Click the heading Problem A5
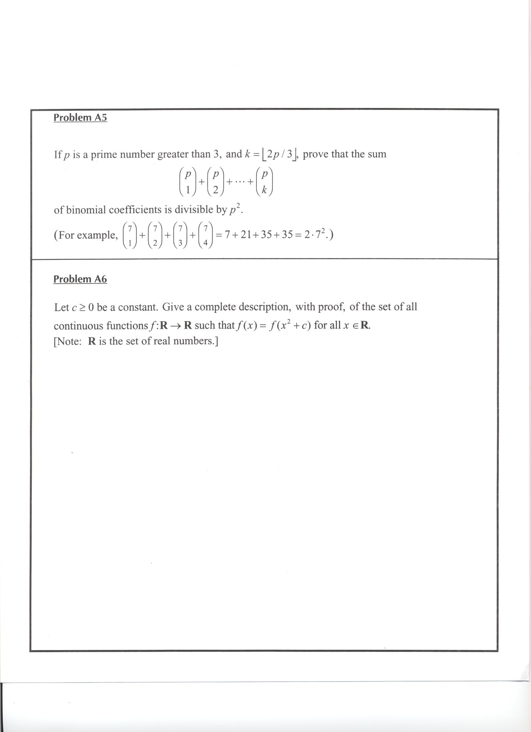point(80,117)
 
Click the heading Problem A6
point(80,279)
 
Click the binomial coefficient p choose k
point(264,182)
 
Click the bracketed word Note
point(69,341)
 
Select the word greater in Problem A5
point(173,155)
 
